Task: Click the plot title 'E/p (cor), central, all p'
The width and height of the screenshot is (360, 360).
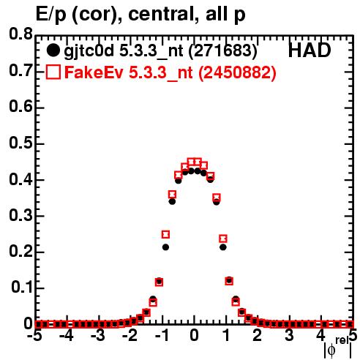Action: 140,15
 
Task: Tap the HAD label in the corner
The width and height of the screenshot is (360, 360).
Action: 310,50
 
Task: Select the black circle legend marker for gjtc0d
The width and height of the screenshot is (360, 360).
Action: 53,50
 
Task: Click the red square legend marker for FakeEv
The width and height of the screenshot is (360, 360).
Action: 53,72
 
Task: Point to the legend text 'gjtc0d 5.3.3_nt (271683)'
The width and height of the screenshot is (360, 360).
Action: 160,51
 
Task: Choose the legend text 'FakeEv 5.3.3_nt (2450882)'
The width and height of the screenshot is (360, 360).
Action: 170,72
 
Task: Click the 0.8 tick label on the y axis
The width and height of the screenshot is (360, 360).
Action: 20,34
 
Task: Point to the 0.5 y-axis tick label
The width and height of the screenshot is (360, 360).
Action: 20,143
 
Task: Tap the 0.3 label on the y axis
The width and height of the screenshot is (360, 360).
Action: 20,215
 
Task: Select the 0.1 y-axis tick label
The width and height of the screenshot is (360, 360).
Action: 22,288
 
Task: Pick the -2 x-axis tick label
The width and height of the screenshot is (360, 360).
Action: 130,336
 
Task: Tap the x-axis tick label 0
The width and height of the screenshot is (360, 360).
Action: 194,336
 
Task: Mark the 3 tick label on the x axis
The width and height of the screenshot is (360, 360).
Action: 289,336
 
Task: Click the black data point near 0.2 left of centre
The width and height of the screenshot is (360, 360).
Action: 165,247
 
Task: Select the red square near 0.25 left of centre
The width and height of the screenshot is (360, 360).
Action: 165,235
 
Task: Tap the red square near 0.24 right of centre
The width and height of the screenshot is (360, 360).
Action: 223,239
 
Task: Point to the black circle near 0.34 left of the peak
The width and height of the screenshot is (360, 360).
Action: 172,202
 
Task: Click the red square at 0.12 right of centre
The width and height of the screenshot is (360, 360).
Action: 229,281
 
